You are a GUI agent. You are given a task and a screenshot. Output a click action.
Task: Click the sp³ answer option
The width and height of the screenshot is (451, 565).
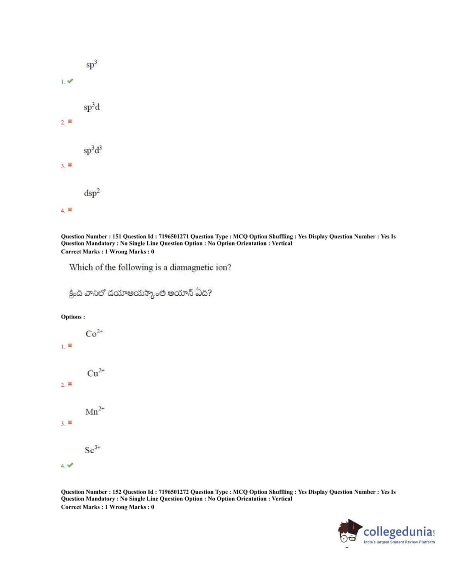tap(91, 65)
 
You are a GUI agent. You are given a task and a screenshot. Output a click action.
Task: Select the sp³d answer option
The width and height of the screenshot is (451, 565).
tap(92, 107)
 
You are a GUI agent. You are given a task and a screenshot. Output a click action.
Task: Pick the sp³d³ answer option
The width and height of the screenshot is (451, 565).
tap(92, 150)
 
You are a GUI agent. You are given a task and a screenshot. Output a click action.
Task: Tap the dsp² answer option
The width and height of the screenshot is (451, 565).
tap(92, 193)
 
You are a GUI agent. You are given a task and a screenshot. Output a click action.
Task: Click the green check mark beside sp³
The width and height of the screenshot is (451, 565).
tap(70, 81)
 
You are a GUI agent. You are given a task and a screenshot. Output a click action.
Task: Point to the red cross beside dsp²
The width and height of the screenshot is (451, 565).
tap(70, 210)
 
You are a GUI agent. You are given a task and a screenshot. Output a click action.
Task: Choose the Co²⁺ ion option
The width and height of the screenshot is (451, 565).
tap(94, 333)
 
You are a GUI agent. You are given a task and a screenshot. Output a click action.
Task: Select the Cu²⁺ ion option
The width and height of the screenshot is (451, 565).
tap(95, 373)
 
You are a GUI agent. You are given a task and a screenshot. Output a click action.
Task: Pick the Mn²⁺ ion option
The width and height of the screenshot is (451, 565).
tap(95, 411)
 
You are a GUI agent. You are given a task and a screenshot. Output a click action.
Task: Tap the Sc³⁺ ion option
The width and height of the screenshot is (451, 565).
tap(92, 450)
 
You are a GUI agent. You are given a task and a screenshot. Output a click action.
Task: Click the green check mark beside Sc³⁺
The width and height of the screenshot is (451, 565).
tap(70, 465)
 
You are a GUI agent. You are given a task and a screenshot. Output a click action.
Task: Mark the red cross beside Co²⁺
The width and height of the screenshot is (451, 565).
tap(70, 346)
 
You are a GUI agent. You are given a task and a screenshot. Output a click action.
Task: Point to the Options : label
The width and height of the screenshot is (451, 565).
tap(73, 317)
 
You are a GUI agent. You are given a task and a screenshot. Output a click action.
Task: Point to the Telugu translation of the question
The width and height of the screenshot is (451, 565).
tap(140, 293)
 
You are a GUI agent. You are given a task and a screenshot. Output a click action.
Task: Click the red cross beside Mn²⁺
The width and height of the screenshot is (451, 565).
tap(70, 423)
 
